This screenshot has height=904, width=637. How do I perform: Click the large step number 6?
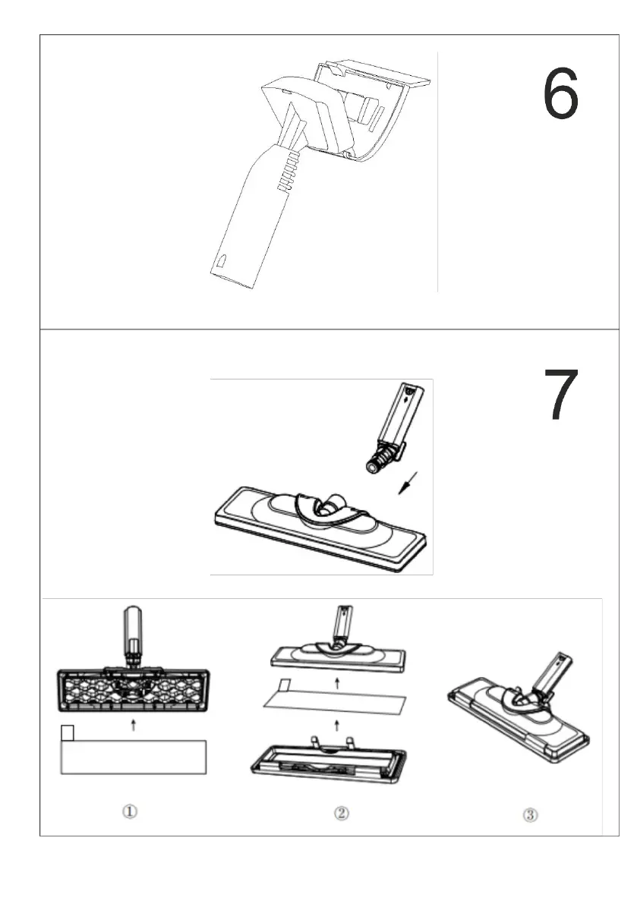pyautogui.click(x=560, y=93)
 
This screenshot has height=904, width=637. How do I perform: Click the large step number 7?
pyautogui.click(x=561, y=394)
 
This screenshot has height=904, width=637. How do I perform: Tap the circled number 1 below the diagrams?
pyautogui.click(x=130, y=811)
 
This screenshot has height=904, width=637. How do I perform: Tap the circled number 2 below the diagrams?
pyautogui.click(x=341, y=813)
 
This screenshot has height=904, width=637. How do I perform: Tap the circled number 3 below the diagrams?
pyautogui.click(x=531, y=814)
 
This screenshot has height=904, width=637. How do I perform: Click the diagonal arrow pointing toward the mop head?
pyautogui.click(x=408, y=483)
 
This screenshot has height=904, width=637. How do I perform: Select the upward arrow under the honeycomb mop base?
pyautogui.click(x=133, y=725)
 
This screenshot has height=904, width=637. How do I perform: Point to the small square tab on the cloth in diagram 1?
pyautogui.click(x=68, y=732)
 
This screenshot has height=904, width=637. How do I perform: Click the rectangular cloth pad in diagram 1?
pyautogui.click(x=133, y=757)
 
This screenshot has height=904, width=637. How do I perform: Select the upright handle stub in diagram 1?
pyautogui.click(x=133, y=635)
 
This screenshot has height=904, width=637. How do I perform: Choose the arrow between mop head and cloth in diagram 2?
pyautogui.click(x=337, y=684)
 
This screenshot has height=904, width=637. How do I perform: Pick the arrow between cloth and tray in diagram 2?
pyautogui.click(x=337, y=726)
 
